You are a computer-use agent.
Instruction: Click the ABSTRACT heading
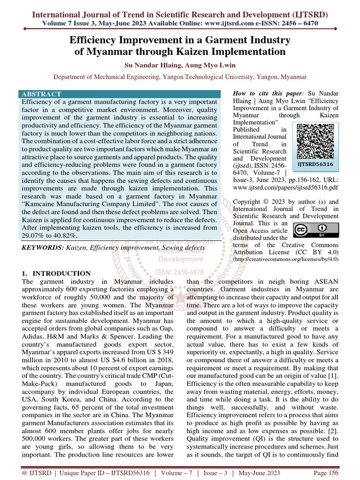41,94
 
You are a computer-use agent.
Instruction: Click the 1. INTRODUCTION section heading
56,273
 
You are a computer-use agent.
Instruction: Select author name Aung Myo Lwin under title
202,65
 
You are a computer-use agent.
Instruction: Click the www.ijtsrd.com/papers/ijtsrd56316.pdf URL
285,187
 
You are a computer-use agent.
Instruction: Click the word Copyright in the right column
250,201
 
